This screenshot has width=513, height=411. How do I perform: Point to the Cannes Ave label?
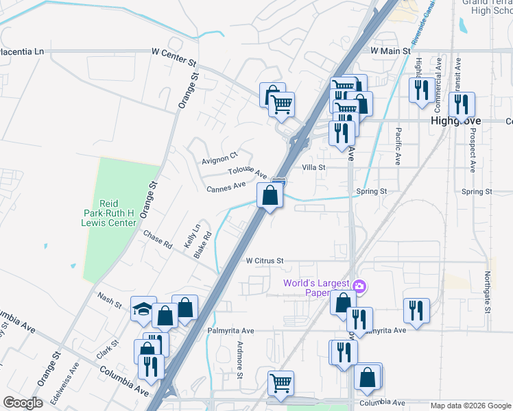[226, 186]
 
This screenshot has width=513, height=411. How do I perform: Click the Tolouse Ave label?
[248, 172]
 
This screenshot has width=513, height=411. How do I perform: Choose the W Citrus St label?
[264, 260]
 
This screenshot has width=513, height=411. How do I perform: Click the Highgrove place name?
[456, 121]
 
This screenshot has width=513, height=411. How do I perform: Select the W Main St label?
[390, 51]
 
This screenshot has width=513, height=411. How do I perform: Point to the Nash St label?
[109, 298]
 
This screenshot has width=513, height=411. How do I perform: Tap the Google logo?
[23, 403]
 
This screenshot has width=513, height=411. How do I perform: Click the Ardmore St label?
[240, 360]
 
